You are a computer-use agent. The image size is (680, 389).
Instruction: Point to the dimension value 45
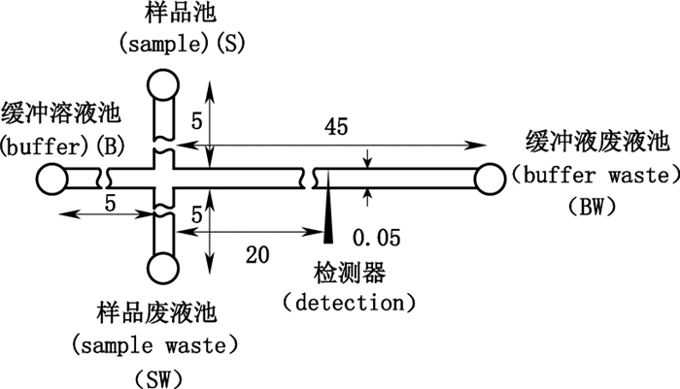(337, 128)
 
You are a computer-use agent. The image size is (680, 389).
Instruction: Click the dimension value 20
(257, 255)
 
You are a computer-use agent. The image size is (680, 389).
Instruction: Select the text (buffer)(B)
(60, 146)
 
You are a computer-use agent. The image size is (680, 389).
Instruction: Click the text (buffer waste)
(594, 176)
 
